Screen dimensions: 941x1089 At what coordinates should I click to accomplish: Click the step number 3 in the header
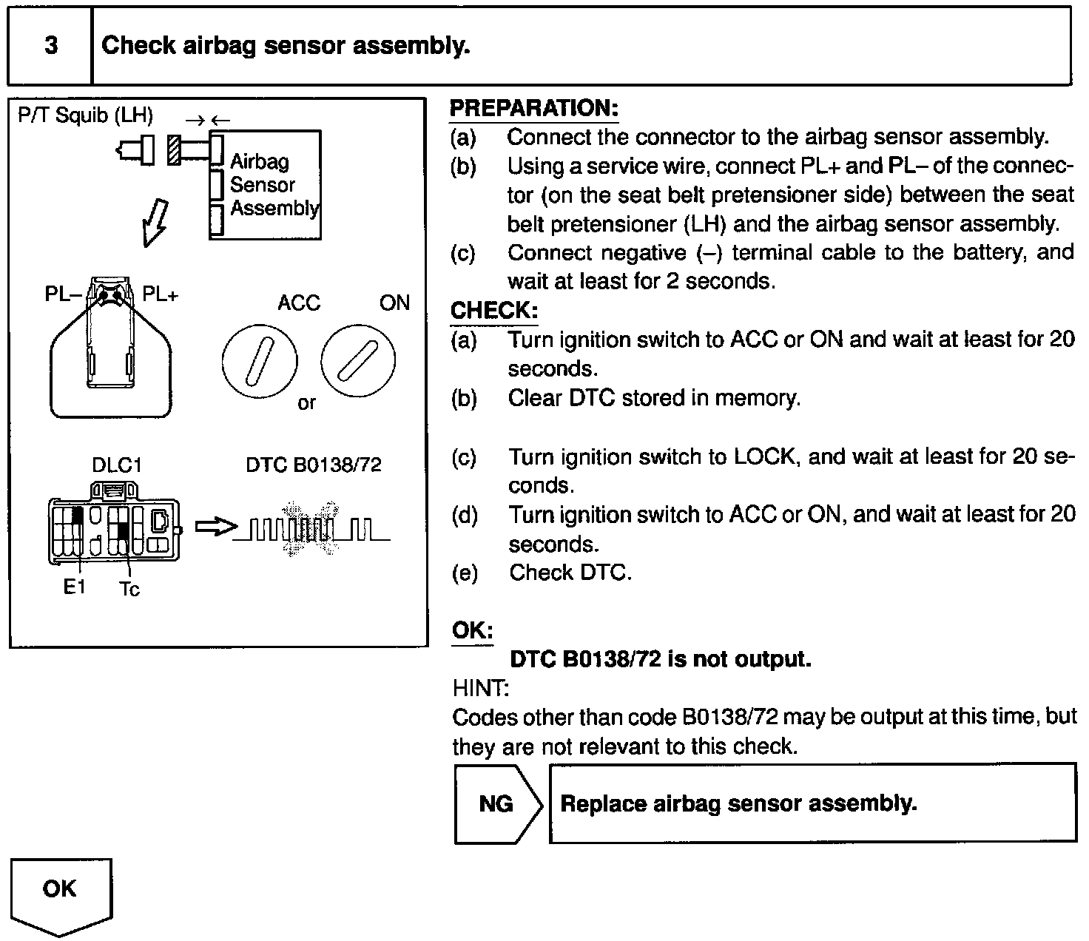point(50,46)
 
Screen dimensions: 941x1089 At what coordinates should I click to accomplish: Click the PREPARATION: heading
point(533,108)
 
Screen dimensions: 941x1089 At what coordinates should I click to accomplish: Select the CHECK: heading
point(493,311)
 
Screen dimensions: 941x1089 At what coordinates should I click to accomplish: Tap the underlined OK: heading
point(472,631)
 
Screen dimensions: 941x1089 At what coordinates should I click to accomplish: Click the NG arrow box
point(497,803)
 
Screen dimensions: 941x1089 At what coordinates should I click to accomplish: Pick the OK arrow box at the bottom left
point(61,892)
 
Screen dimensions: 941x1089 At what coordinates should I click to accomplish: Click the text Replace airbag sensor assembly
point(738,803)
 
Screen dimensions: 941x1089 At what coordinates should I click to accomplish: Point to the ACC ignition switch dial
point(259,362)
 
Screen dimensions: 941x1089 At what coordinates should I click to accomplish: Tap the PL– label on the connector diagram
point(64,294)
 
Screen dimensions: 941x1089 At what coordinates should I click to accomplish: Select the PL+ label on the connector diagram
point(160,294)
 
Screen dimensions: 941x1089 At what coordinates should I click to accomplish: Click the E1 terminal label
point(74,588)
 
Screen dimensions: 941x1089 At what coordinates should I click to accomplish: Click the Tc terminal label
point(129,590)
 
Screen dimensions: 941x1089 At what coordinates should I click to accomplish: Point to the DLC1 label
point(116,465)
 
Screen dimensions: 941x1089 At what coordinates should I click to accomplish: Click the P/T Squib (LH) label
point(85,115)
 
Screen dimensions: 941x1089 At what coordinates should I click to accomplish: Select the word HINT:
point(480,689)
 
